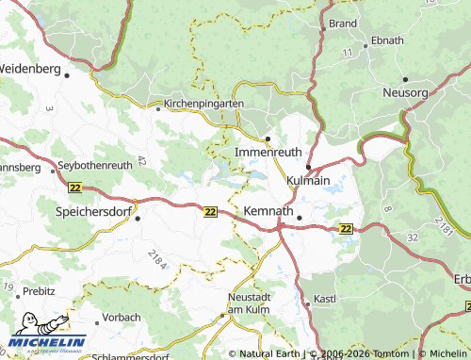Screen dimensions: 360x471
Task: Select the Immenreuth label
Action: [x=268, y=153]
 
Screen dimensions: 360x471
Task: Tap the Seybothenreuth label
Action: [x=95, y=166]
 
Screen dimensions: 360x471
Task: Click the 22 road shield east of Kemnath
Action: [x=347, y=228]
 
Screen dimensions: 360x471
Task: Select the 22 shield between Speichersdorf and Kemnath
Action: [x=209, y=213]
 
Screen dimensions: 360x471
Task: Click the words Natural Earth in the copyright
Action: [x=270, y=353]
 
